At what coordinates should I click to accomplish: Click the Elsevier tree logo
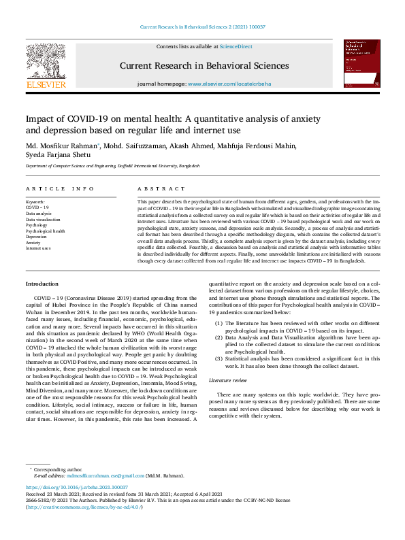pos(46,62)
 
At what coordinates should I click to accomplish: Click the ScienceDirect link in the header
pos(235,46)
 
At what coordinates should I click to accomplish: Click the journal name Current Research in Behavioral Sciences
pos(204,66)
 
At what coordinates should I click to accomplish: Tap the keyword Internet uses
pos(38,248)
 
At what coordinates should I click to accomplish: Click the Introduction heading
pos(42,283)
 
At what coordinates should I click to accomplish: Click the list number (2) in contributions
pos(218,337)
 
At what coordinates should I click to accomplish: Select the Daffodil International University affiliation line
pos(113,166)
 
